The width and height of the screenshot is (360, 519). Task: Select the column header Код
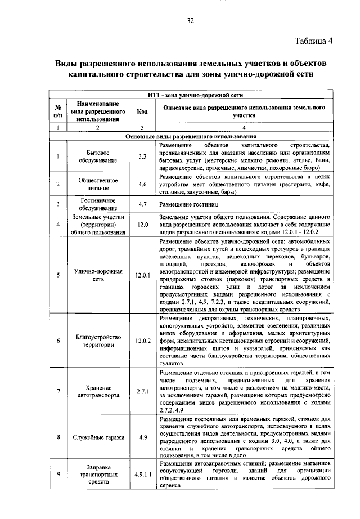click(x=142, y=111)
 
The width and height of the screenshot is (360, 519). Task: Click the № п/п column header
click(x=58, y=111)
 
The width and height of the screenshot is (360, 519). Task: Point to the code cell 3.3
click(x=142, y=156)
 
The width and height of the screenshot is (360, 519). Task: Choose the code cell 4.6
click(x=142, y=184)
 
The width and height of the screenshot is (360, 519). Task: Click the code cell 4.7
click(x=142, y=204)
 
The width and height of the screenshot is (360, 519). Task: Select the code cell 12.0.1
click(x=143, y=275)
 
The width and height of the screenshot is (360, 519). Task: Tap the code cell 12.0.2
click(x=143, y=341)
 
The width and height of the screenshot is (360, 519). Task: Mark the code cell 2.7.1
click(x=142, y=392)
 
